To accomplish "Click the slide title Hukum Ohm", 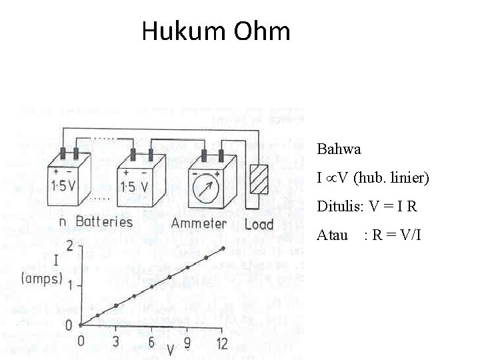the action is pos(216,31).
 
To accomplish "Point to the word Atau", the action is pos(332,235).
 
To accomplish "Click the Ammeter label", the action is pos(199,223).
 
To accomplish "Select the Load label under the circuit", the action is pos(259,224).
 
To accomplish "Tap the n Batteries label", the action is pos(95,221).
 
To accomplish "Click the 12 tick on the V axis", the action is pos(222,343).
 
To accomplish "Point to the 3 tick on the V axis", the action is pos(115,343).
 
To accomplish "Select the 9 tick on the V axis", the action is pos(187,343).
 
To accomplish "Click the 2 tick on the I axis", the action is pos(69,247).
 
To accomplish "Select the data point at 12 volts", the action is pos(223,249).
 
